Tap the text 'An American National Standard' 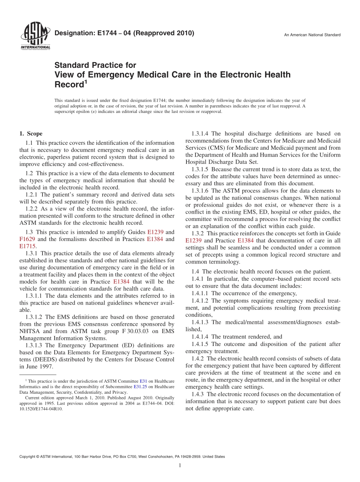(x=312, y=35)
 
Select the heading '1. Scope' (x=31, y=134)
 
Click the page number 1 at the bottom (x=180, y=466)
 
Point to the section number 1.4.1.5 (x=200, y=344)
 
